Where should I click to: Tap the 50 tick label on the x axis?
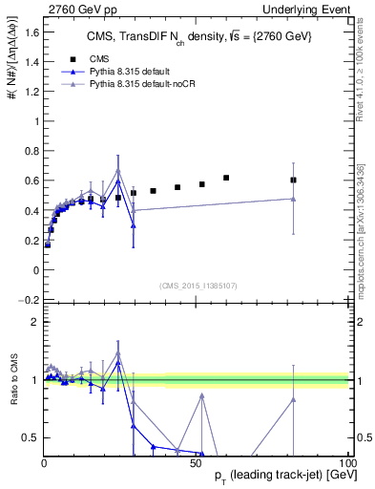coord(195,461)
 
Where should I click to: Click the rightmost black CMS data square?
coord(293,180)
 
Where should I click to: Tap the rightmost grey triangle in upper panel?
coord(293,199)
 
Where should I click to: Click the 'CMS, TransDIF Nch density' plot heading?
coord(191,36)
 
